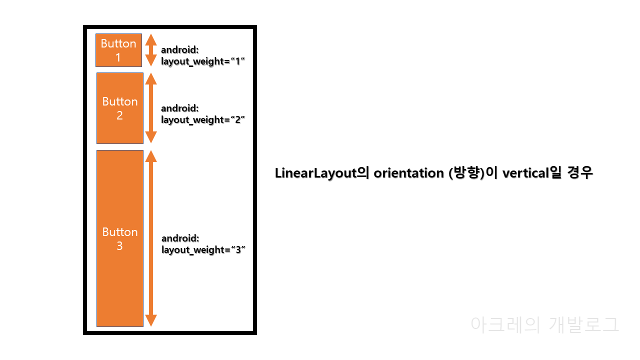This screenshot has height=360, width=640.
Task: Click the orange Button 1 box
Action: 118,50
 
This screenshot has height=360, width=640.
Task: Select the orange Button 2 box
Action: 119,108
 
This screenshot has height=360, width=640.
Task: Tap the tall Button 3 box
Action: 119,238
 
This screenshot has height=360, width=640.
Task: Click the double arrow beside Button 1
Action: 151,50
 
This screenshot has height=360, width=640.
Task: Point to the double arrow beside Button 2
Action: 151,108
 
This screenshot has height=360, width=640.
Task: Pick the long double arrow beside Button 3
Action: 151,238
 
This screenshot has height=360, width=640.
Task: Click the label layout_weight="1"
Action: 203,61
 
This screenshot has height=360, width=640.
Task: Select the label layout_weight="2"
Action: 203,119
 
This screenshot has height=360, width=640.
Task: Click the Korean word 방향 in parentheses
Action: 466,173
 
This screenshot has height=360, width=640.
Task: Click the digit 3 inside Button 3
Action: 119,246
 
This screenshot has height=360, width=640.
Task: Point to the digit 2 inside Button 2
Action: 119,115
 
